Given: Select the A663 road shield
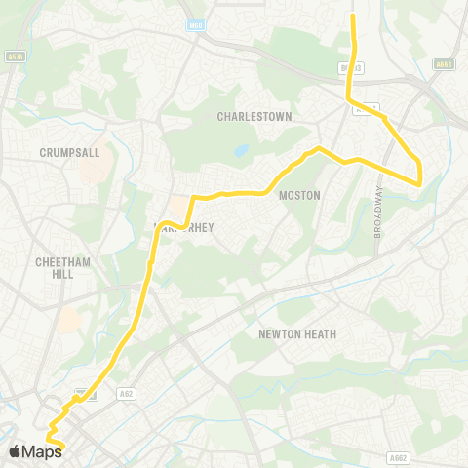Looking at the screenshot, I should click(x=446, y=65).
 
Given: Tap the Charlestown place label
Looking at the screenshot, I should click(x=254, y=116).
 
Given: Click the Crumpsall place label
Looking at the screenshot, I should click(x=64, y=153).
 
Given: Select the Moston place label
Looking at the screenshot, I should click(x=299, y=195).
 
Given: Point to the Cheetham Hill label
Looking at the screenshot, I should click(x=62, y=268).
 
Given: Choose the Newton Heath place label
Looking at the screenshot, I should click(x=297, y=333).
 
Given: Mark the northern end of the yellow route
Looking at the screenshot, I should click(x=352, y=15).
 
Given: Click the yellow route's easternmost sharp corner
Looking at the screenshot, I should click(x=419, y=182).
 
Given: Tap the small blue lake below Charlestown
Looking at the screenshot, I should click(x=241, y=151).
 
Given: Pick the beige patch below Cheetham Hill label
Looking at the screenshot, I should click(x=69, y=320).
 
